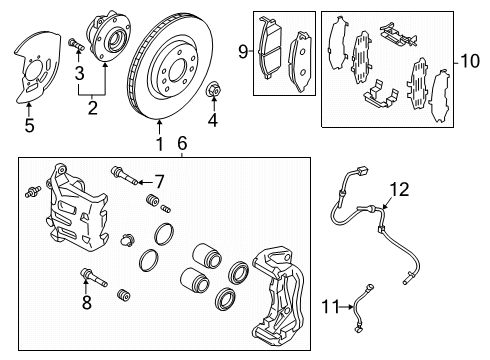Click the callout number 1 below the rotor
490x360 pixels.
click(160, 144)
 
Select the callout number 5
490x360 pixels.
click(29, 126)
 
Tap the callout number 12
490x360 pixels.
click(399, 189)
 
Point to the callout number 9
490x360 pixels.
click(243, 52)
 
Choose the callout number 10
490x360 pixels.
click(470, 61)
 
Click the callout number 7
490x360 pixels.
click(159, 182)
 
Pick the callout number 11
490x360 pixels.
click(331, 307)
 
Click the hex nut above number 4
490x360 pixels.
click(213, 90)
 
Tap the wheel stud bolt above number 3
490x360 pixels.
click(76, 44)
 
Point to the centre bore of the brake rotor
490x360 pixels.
click(178, 70)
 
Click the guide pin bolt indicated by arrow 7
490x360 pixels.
click(124, 175)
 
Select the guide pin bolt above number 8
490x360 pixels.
click(94, 277)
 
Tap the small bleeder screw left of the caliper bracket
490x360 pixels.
click(33, 192)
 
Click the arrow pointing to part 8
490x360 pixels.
click(86, 287)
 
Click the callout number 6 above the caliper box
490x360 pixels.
click(182, 143)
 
